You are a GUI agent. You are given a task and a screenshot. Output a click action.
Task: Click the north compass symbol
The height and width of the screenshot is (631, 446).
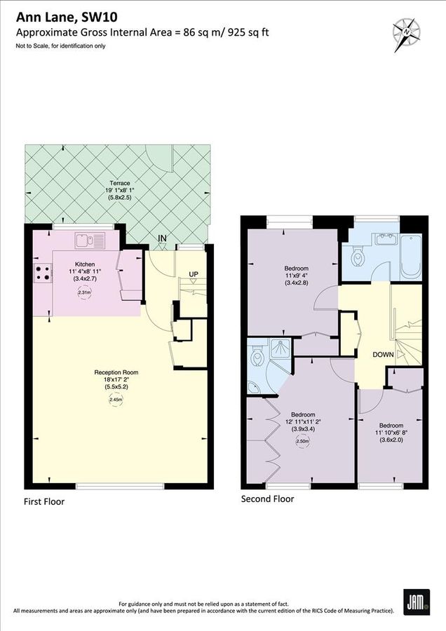coord(405,31)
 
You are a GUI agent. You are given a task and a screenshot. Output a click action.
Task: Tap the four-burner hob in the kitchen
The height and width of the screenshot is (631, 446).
coord(41,273)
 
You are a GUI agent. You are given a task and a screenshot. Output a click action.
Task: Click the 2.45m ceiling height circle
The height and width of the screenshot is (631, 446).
coord(116,400)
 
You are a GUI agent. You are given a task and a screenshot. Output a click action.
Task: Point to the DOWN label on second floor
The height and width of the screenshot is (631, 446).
coord(383,355)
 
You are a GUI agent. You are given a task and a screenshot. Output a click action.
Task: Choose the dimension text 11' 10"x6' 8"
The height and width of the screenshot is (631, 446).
coord(391,433)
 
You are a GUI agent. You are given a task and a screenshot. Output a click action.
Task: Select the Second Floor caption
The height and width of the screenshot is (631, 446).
coord(267,499)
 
